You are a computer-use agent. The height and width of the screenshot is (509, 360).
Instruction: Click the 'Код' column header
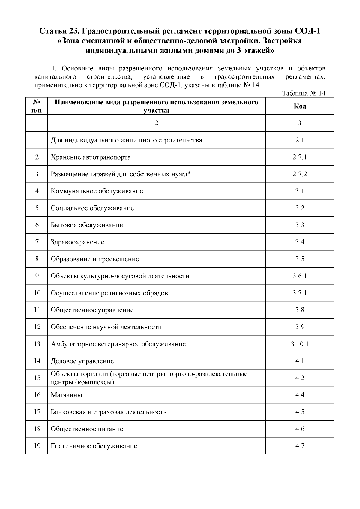300,106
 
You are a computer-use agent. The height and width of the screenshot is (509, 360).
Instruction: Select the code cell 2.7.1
300,157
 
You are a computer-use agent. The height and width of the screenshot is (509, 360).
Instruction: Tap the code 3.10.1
300,344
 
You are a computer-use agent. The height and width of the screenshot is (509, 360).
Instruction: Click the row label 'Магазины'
66,395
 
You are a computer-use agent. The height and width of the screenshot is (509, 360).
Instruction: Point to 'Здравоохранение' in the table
77,242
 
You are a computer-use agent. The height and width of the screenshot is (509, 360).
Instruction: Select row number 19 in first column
37,446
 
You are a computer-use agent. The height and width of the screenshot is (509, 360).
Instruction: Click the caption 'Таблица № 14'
304,93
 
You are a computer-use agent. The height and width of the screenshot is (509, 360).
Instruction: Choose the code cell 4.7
300,446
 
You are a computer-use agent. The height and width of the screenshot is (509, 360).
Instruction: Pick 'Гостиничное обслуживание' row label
94,446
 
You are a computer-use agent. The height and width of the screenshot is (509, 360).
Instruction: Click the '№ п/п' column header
37,106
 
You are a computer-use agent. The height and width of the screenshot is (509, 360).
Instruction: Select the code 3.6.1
300,276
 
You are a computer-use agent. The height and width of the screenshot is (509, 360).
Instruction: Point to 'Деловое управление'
82,361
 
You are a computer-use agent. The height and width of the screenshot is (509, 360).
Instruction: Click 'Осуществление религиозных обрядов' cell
109,293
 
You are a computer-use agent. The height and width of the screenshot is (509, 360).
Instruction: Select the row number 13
37,344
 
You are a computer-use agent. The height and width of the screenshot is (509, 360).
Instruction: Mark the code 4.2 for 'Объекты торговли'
300,378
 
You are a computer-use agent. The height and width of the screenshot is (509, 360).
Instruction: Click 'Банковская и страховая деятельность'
109,412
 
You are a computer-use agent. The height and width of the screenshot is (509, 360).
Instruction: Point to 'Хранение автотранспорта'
91,157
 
